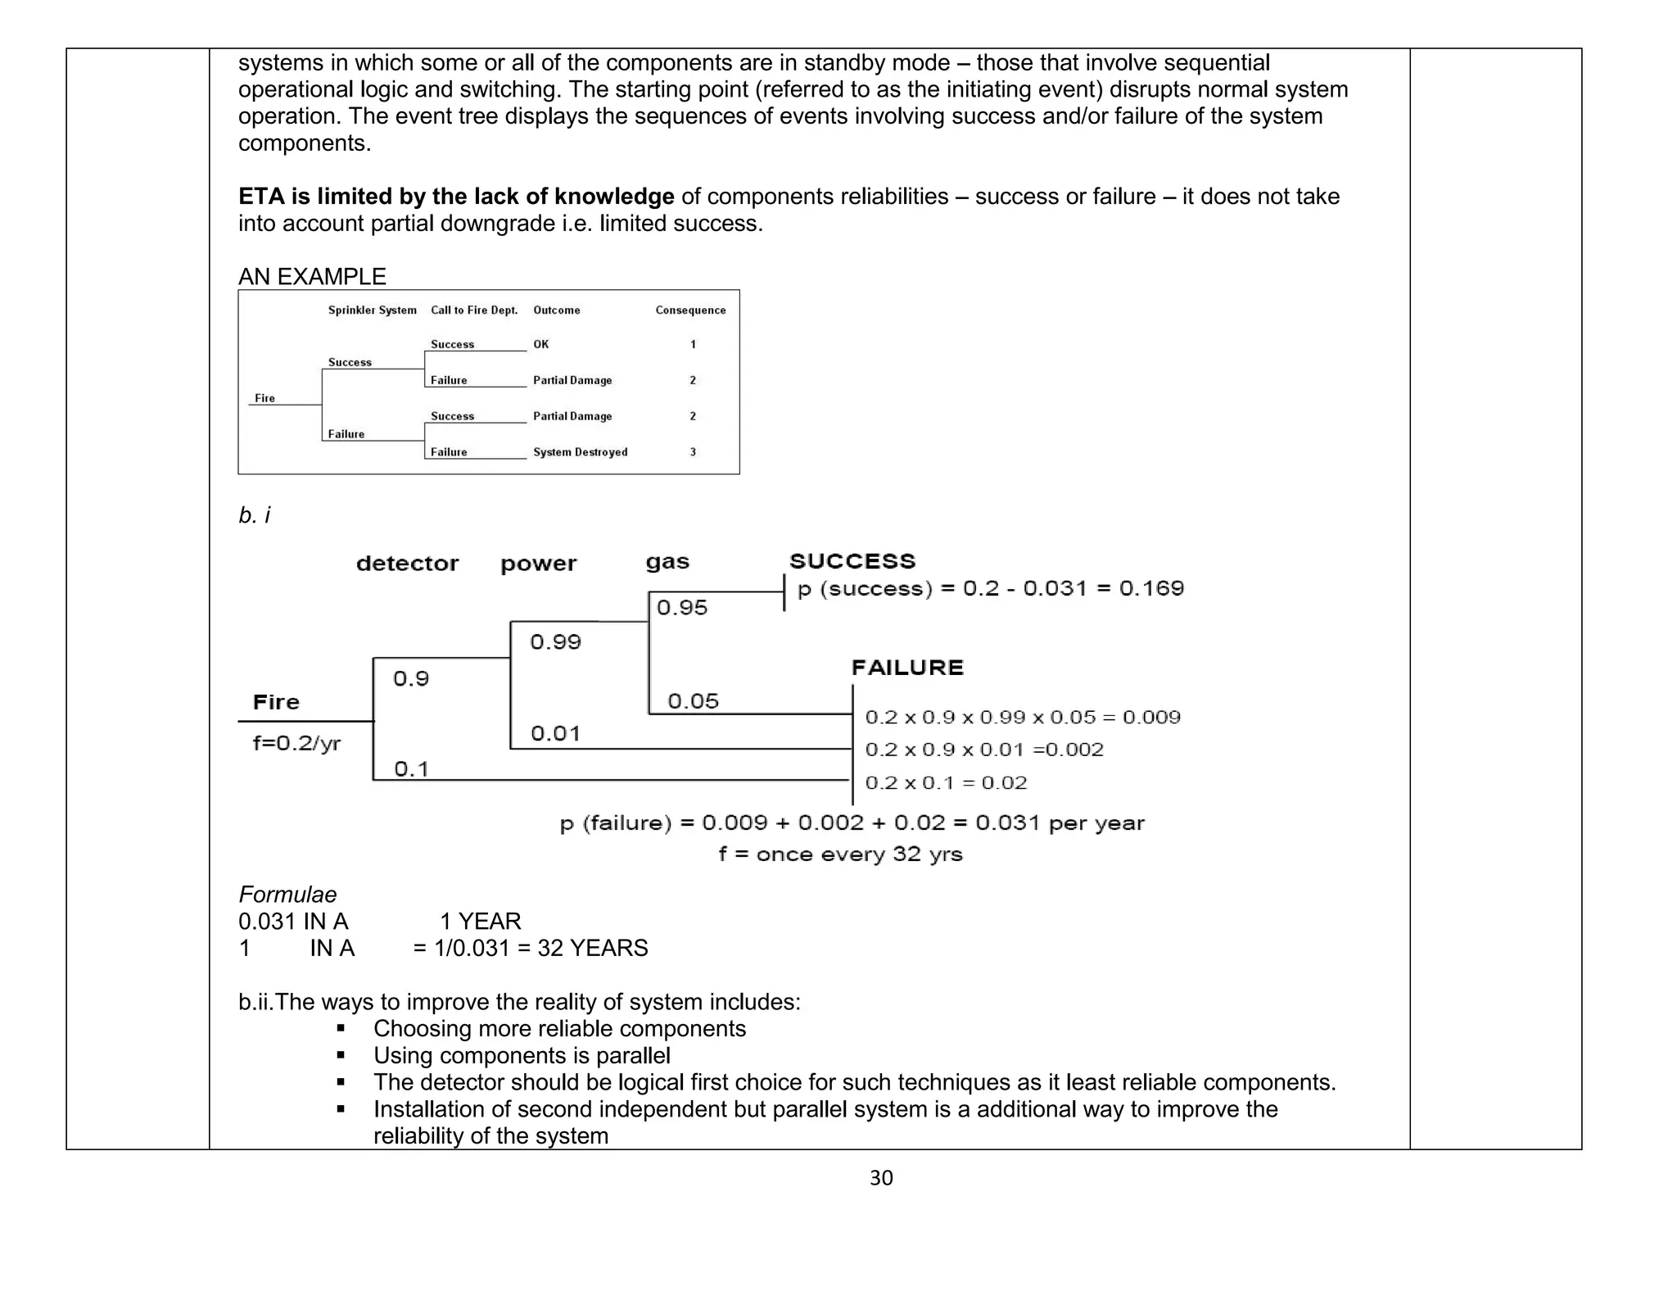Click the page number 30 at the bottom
click(x=881, y=1178)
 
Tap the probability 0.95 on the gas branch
click(x=681, y=608)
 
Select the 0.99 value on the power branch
click(x=555, y=642)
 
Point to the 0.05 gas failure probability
click(x=693, y=701)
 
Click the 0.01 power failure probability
click(x=555, y=733)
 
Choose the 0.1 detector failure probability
click(x=411, y=769)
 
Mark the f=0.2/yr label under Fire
click(x=296, y=744)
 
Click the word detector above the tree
click(x=407, y=564)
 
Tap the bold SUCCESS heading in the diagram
click(x=852, y=561)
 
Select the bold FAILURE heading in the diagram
click(x=907, y=668)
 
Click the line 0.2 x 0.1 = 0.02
click(x=946, y=783)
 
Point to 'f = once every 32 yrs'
click(x=840, y=854)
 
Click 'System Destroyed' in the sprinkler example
click(x=580, y=452)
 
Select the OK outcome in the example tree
click(x=541, y=344)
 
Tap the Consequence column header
click(x=690, y=310)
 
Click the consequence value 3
click(x=693, y=452)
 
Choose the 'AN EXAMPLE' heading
click(x=312, y=277)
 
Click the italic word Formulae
click(x=287, y=895)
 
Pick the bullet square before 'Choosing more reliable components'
click(x=341, y=1029)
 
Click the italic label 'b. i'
click(x=254, y=515)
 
